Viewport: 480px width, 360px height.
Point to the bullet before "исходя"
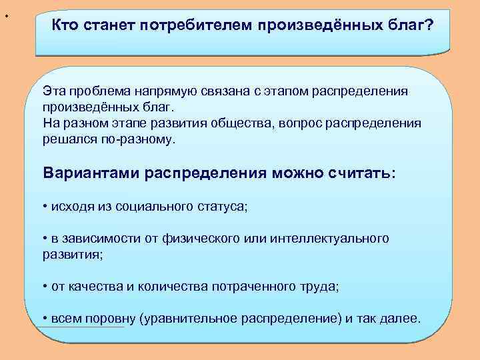pyautogui.click(x=44, y=207)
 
